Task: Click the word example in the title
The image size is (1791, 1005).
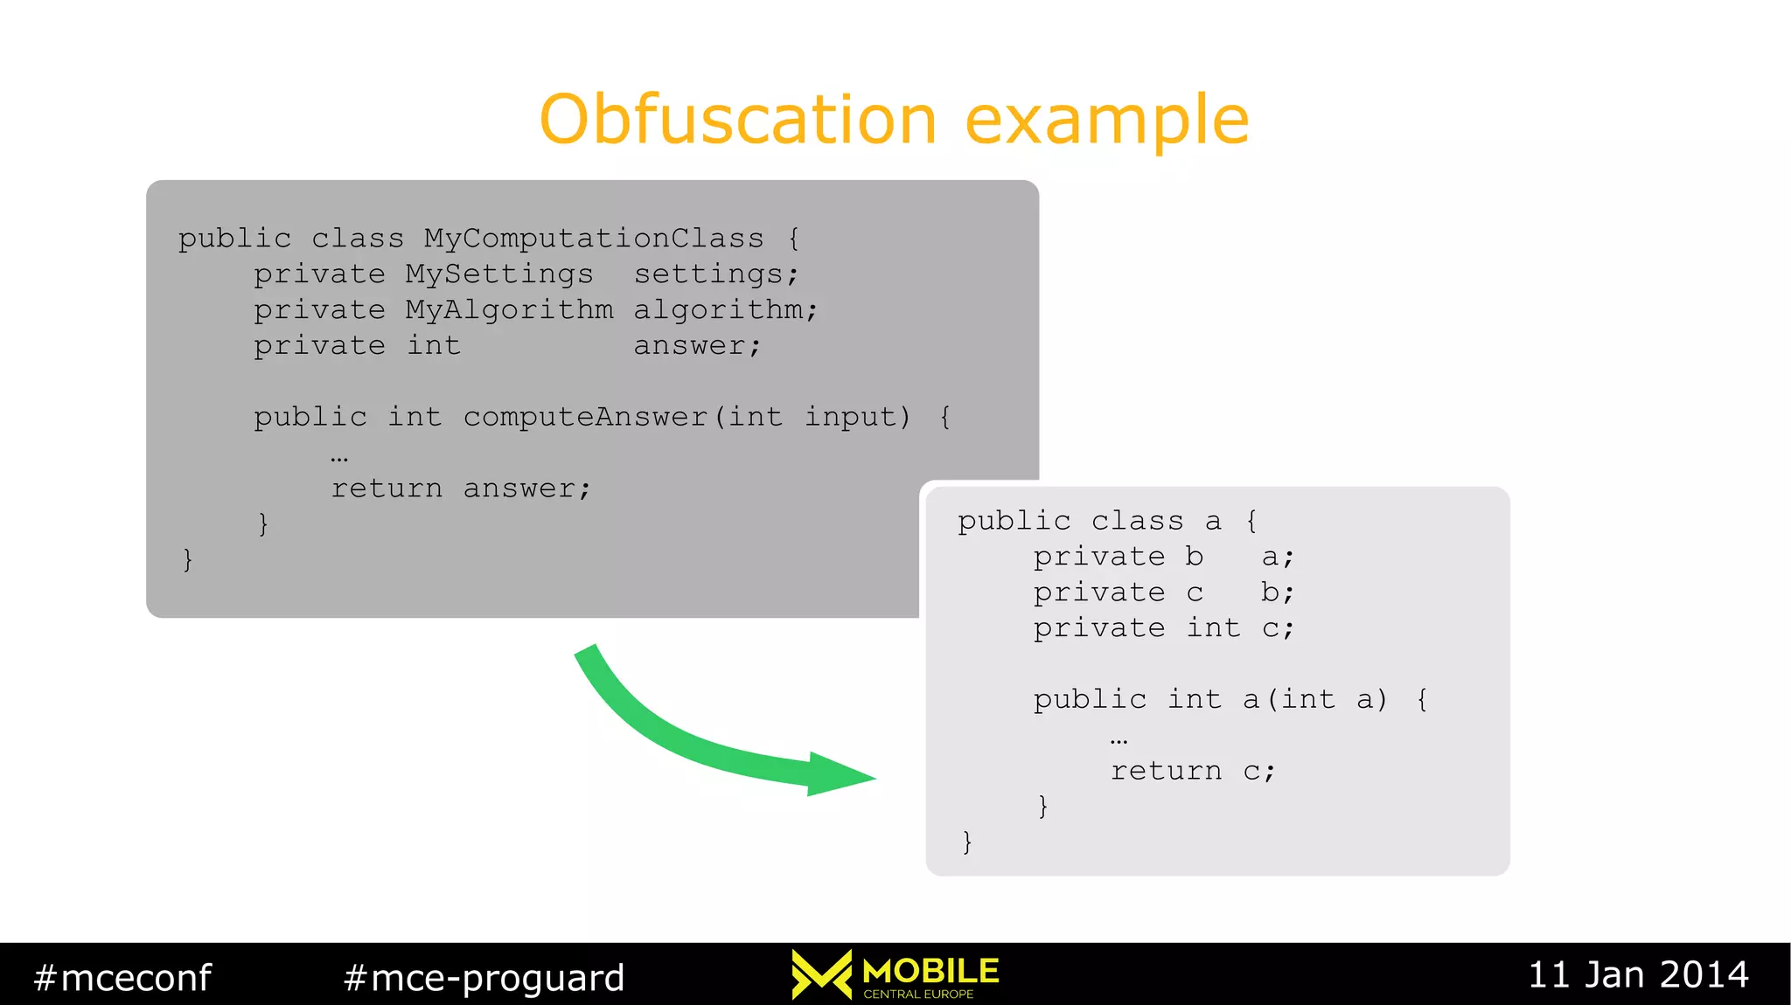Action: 1106,121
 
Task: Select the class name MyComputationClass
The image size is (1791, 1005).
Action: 594,238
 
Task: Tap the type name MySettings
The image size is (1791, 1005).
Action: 498,274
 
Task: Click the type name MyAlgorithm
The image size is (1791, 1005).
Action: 509,309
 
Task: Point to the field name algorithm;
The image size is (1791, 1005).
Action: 725,309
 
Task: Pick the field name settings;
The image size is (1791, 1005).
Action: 715,274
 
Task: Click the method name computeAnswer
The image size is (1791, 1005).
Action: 585,417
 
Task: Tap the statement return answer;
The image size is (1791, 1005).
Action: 461,488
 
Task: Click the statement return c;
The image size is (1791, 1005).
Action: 1193,771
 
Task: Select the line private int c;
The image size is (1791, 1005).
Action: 1163,627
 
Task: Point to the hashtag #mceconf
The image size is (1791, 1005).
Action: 122,977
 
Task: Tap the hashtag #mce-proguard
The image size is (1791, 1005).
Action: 484,977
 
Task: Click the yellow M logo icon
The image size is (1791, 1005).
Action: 821,974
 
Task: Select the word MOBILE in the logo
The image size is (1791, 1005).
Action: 930,970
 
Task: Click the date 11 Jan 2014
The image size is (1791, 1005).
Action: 1637,974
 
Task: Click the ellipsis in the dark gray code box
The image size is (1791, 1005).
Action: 339,457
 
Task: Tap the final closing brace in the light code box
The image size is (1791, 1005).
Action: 966,842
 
